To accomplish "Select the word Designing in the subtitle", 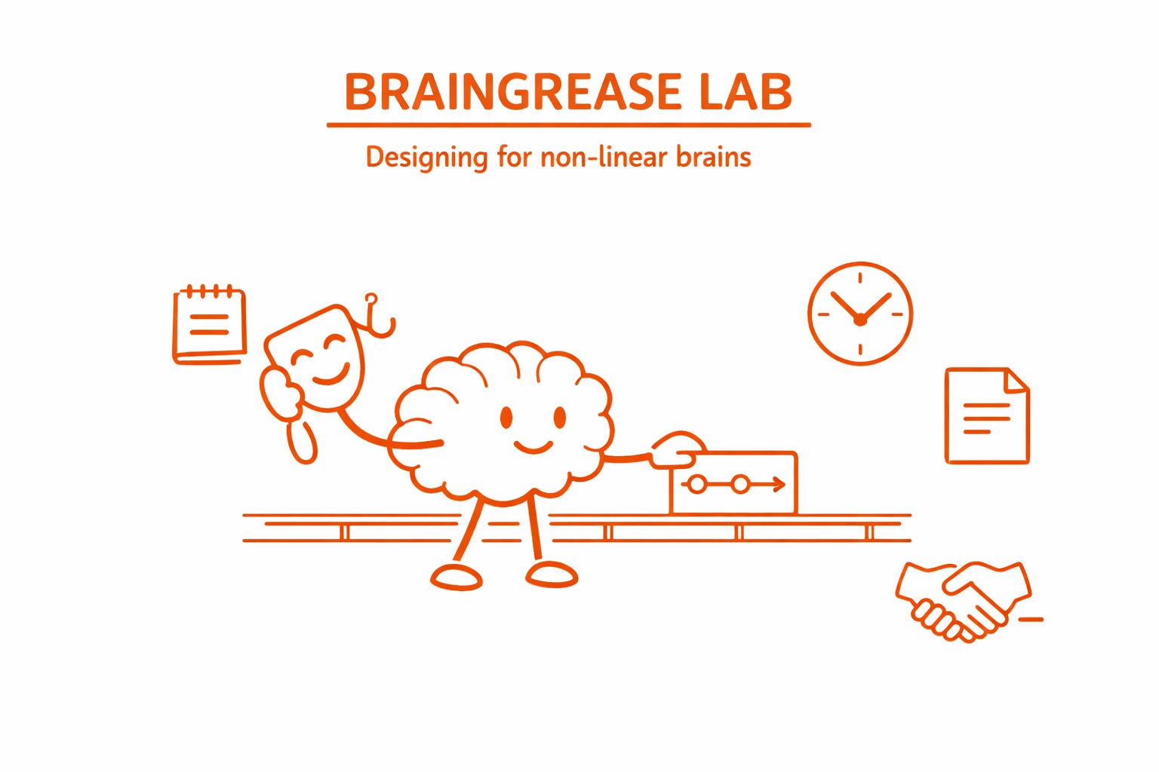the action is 426,158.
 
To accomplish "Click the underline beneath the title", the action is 568,125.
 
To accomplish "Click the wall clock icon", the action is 859,314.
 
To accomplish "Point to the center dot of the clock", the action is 859,320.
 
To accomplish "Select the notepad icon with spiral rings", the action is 210,326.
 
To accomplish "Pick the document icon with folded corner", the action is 987,415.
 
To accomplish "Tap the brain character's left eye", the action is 506,417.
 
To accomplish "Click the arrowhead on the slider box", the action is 779,485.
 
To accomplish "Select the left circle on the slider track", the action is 697,485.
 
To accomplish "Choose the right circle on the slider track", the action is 740,485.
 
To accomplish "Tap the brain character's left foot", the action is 457,577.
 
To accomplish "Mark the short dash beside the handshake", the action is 1031,620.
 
